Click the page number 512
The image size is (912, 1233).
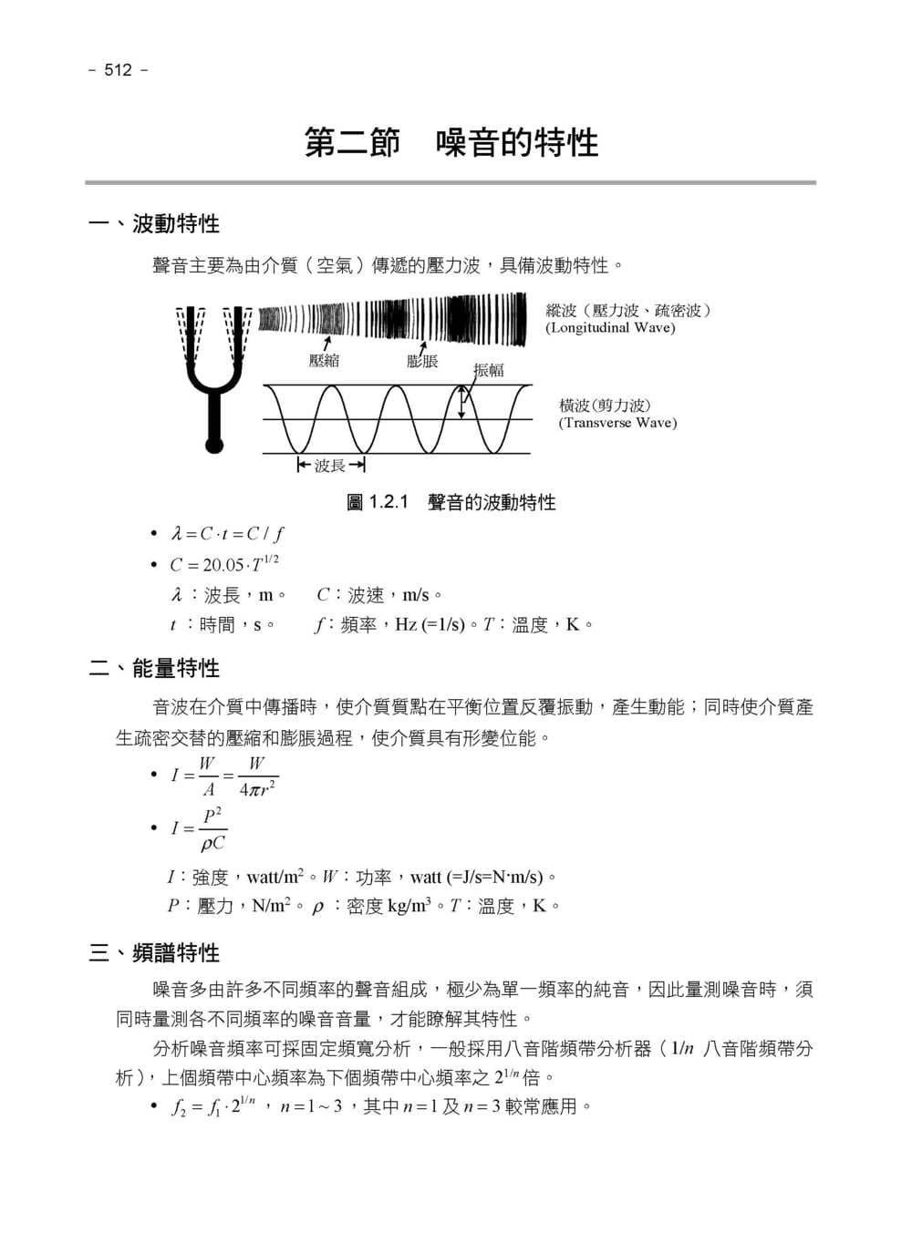pos(118,70)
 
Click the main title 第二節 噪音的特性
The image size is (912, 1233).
pos(451,143)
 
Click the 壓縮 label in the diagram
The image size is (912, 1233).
pos(324,361)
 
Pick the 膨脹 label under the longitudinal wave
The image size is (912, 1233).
pos(422,361)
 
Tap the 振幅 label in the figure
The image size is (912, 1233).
pos(489,370)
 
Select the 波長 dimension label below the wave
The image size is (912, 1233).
pos(330,466)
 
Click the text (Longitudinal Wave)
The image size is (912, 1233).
pos(610,328)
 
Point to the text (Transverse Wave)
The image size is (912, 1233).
pos(617,423)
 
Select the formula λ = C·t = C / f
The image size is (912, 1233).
pos(227,534)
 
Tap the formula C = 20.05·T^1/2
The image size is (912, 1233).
pos(223,564)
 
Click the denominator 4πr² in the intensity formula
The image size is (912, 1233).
pos(256,788)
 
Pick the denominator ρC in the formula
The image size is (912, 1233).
pos(212,843)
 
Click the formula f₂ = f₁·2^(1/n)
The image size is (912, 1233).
pos(213,1107)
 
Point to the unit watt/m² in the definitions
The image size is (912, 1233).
pos(275,878)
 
